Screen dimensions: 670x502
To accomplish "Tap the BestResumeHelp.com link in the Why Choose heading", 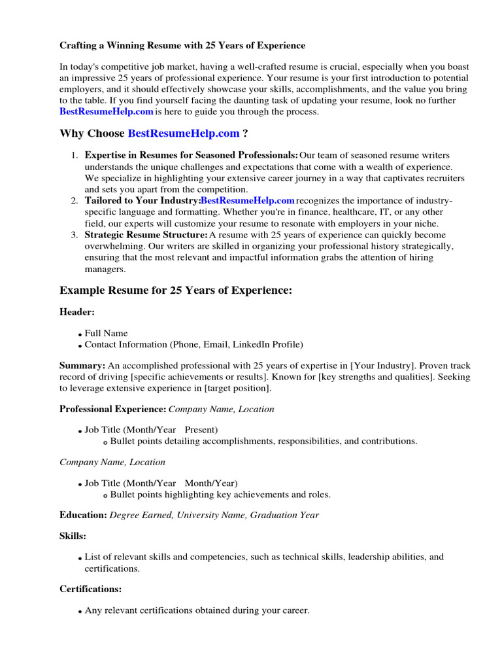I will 184,133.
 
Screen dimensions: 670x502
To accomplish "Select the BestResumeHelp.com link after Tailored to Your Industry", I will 247,200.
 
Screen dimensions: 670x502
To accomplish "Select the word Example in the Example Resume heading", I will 82,291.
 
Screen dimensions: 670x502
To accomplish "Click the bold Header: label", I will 77,313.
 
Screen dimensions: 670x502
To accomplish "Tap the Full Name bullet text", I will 107,333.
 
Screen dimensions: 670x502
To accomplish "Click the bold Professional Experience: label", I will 112,409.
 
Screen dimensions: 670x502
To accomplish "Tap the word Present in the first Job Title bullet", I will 199,430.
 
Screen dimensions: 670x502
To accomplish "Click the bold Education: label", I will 83,515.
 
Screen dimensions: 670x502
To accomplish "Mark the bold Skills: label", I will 73,536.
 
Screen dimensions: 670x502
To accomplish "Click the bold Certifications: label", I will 90,589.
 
